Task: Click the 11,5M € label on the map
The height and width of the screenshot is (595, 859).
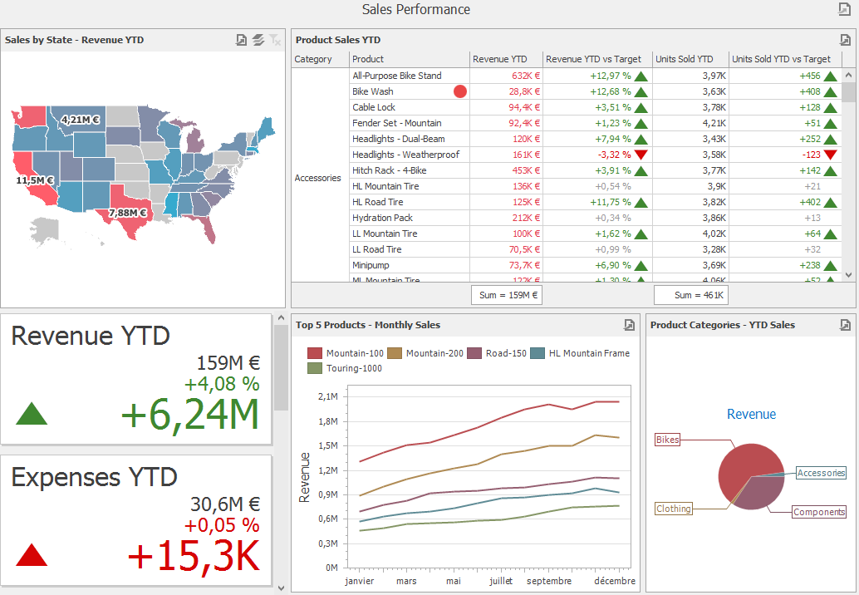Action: coord(35,180)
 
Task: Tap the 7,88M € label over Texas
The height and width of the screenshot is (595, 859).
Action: coord(127,213)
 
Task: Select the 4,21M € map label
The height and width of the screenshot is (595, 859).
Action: coord(81,120)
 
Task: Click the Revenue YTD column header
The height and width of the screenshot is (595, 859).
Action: coord(499,59)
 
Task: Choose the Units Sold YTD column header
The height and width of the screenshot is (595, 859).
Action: coord(684,59)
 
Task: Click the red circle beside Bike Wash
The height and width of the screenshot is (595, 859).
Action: coord(460,91)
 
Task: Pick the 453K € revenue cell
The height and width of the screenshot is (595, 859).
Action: coord(523,170)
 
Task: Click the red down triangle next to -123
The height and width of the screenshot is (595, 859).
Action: coord(830,155)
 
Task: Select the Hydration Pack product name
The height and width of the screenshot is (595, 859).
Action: coord(382,218)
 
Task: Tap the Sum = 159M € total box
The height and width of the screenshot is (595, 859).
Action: coord(507,295)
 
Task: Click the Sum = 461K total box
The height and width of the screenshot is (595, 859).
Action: coord(691,295)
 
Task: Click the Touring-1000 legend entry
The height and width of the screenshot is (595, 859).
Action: coord(346,368)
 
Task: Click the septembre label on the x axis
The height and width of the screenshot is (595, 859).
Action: coord(549,581)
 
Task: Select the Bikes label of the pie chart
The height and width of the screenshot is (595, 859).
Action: coord(667,440)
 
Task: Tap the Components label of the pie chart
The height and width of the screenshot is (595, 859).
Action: coord(818,512)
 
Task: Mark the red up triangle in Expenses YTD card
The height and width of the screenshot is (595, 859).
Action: coord(32,554)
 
